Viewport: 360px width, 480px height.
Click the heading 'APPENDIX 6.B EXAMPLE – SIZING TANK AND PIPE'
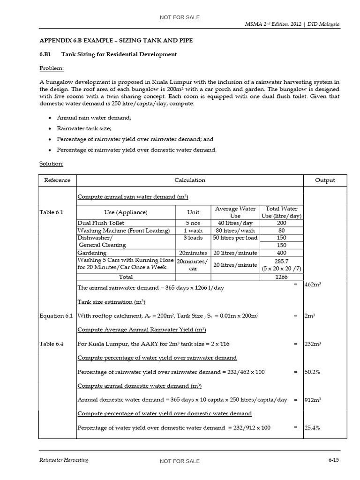116,41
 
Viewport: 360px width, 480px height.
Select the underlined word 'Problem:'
52,68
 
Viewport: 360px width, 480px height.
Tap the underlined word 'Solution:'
52,164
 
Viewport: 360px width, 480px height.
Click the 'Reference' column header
57,180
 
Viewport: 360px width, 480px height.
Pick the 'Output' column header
325,180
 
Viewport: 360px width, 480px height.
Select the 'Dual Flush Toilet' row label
101,223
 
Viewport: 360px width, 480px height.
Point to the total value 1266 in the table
282,277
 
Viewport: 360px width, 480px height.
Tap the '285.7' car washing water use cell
282,261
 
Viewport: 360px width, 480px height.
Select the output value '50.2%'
312,372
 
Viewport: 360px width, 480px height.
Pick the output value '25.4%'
312,427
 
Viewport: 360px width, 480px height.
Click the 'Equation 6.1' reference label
56,316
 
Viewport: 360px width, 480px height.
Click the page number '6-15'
333,460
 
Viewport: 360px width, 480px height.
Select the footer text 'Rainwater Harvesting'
63,460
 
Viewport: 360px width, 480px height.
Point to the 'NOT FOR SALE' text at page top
180,17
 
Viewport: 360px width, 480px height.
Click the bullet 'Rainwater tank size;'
84,128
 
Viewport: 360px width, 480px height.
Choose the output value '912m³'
312,400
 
